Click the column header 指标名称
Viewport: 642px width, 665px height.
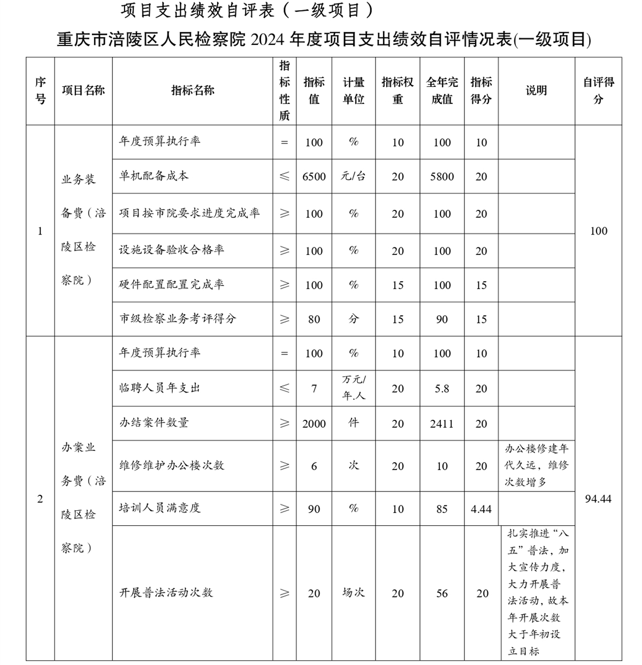(193, 90)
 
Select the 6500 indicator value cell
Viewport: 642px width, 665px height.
(314, 177)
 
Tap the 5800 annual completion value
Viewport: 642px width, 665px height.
(442, 177)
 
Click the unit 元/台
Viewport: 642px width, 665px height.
(353, 176)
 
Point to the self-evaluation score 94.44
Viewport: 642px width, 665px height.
(598, 499)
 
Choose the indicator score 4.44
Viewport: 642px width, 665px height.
(481, 509)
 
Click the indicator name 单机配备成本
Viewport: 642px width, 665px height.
(154, 176)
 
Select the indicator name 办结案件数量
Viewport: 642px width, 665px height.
(154, 423)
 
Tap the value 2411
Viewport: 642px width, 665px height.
(442, 424)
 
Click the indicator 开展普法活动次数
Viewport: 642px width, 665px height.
(166, 593)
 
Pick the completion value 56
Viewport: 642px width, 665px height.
(442, 593)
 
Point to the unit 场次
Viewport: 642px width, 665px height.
(353, 592)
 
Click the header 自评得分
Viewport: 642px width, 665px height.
(598, 90)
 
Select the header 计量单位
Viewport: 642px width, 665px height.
(353, 90)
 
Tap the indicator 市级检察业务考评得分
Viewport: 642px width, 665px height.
(178, 319)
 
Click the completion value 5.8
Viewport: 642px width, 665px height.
(442, 389)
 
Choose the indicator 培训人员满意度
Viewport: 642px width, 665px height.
(160, 508)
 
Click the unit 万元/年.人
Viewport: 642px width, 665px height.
(353, 388)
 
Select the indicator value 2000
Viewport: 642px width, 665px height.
(314, 424)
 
